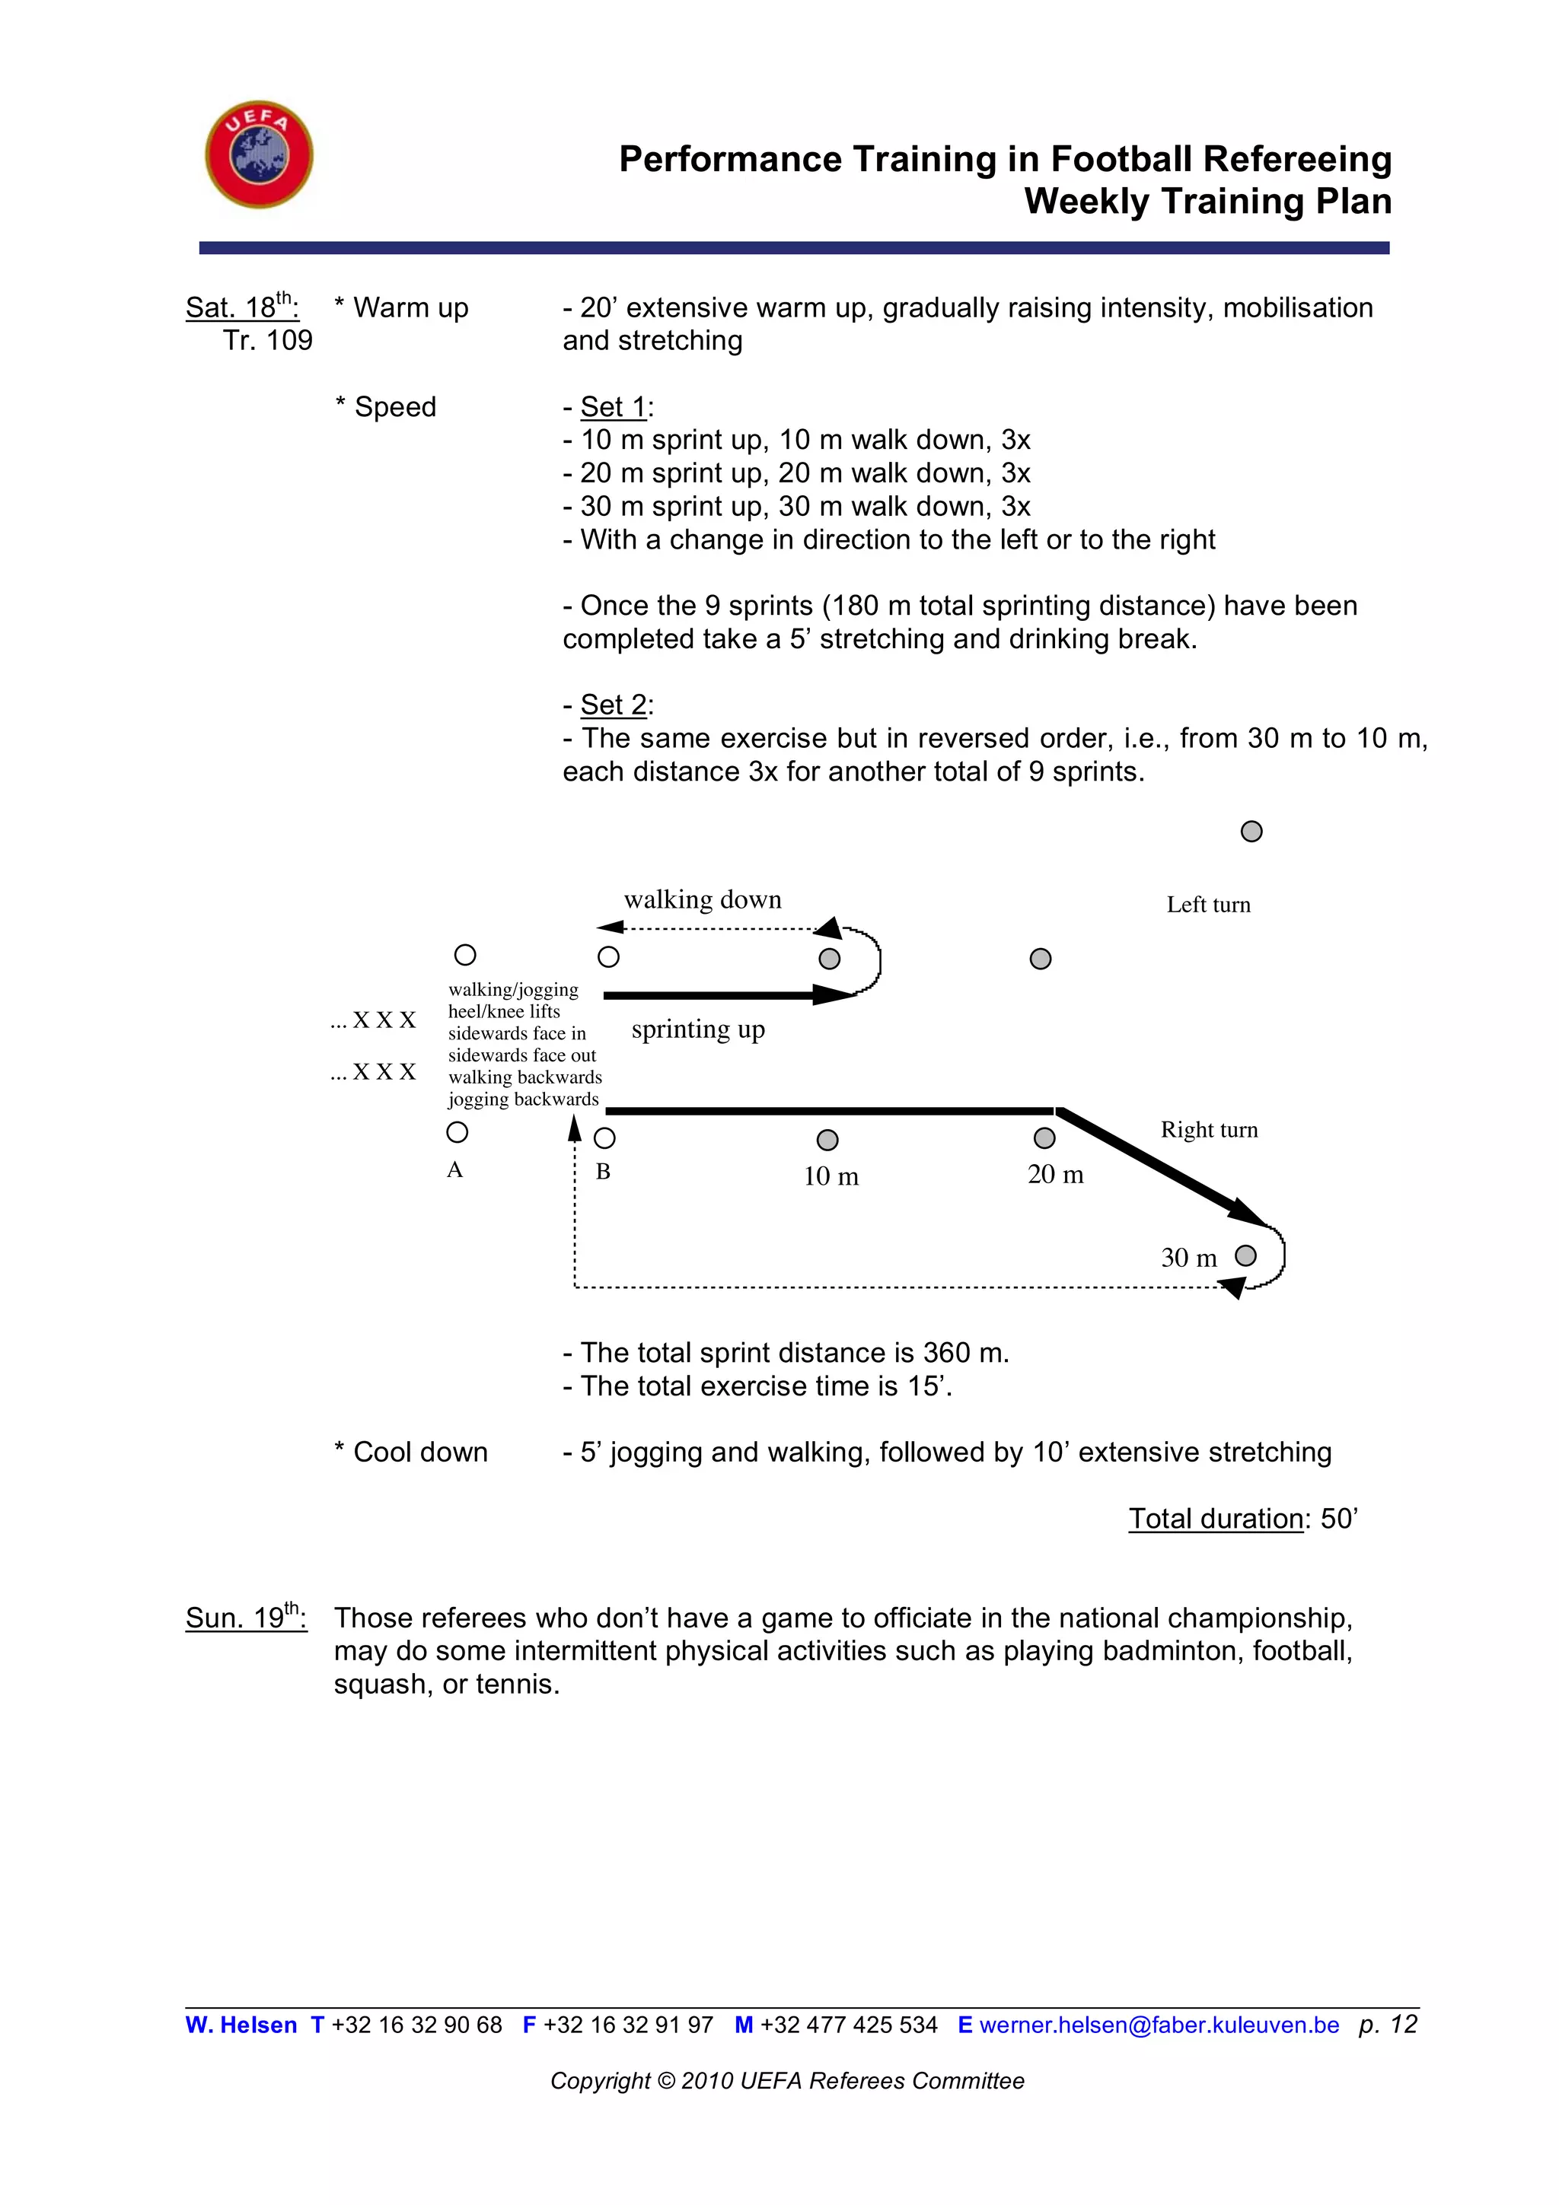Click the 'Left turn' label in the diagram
click(x=1207, y=905)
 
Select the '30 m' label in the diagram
click(x=1188, y=1258)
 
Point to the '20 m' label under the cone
click(x=1055, y=1175)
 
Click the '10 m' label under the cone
click(x=831, y=1176)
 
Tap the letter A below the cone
click(x=455, y=1169)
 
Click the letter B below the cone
click(x=603, y=1172)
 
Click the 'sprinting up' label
click(x=697, y=1029)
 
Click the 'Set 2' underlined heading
click(x=614, y=705)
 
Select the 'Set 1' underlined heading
click(x=614, y=407)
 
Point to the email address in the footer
click(x=1159, y=2025)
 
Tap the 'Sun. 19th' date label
click(x=246, y=1618)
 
